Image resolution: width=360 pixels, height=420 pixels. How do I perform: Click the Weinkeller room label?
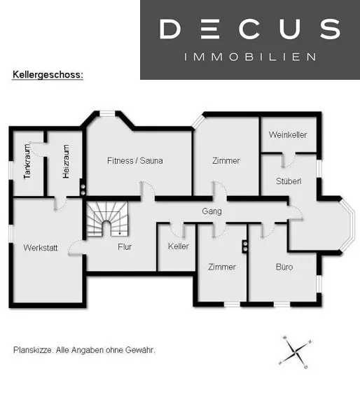(288, 134)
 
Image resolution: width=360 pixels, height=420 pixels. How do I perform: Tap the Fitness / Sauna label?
(135, 161)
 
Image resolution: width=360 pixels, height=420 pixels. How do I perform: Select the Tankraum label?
(27, 162)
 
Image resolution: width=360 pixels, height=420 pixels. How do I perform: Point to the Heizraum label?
(66, 162)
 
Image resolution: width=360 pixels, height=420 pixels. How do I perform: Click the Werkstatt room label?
(41, 248)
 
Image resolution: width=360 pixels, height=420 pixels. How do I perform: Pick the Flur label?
(125, 246)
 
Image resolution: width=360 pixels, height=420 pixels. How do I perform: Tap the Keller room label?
(179, 246)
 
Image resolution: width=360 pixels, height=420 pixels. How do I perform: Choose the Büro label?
(284, 267)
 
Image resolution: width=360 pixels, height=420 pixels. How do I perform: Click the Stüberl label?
(289, 181)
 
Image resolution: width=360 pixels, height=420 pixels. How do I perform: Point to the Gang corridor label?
(212, 211)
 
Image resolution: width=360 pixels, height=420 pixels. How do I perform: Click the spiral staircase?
(107, 219)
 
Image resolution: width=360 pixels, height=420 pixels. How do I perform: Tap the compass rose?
(296, 352)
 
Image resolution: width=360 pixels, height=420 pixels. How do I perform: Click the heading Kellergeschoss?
(48, 75)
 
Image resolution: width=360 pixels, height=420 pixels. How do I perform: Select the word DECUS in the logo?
(250, 29)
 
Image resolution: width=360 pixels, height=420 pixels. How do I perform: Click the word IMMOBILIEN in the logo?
(250, 57)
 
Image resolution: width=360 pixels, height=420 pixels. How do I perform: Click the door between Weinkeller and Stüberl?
(289, 160)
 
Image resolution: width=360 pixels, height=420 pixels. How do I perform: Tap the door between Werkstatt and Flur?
(76, 248)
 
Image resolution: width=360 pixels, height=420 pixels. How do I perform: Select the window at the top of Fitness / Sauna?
(107, 114)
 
